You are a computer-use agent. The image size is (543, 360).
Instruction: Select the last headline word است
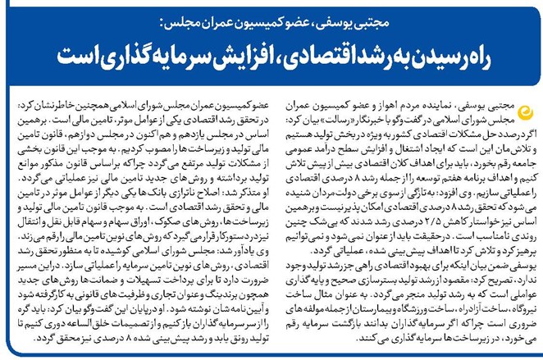tap(83, 57)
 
